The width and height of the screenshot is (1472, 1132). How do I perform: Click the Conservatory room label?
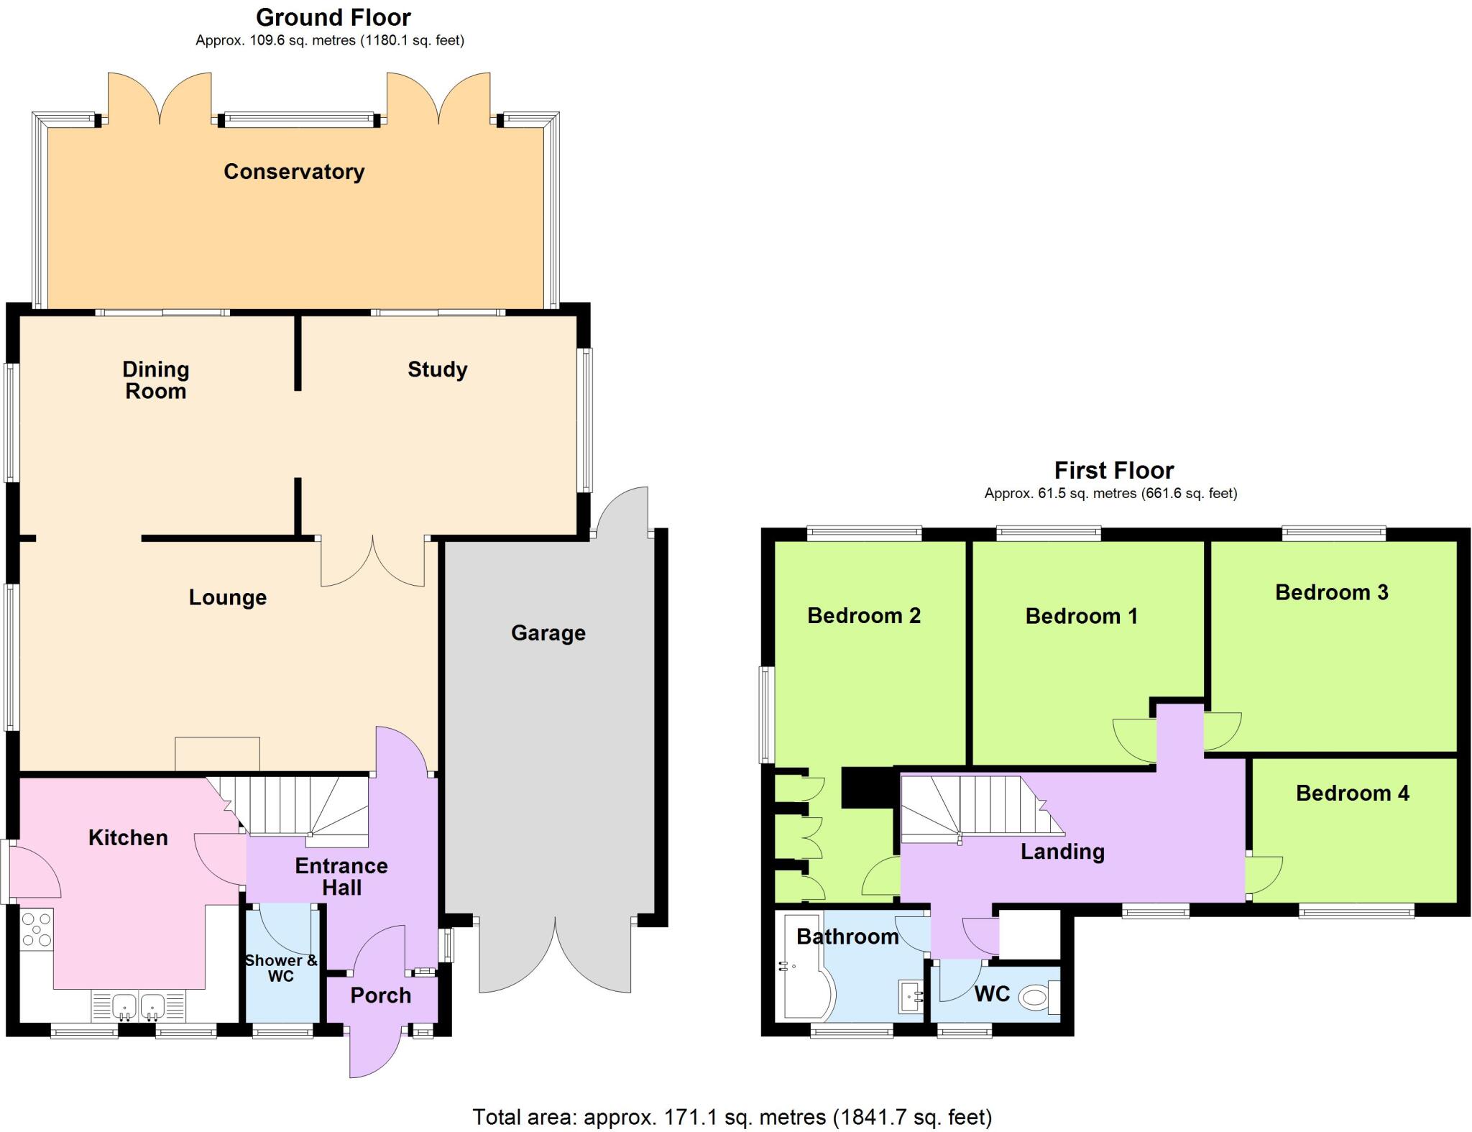tap(294, 172)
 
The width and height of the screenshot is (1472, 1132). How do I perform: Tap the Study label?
tap(437, 369)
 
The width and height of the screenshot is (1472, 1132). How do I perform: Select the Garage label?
tap(548, 633)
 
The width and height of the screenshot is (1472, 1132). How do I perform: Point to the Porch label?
tap(380, 995)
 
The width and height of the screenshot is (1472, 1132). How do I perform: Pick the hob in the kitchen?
tap(37, 929)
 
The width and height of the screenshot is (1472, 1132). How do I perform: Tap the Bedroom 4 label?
tap(1352, 793)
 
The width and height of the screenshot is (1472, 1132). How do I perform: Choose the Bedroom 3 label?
tap(1331, 593)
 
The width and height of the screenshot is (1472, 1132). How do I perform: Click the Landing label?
tap(1062, 852)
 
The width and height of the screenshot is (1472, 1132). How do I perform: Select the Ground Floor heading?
tap(333, 17)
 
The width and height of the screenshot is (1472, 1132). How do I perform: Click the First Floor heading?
tap(1113, 471)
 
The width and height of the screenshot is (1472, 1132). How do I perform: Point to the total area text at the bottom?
tap(732, 1117)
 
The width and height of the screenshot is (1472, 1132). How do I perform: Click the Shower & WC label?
tap(281, 968)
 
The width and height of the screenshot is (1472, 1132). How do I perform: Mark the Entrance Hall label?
tap(341, 877)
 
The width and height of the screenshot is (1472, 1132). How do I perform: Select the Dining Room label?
tap(155, 380)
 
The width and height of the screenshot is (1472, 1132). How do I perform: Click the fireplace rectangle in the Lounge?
tap(217, 754)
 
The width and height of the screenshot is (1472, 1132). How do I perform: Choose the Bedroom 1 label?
tap(1081, 617)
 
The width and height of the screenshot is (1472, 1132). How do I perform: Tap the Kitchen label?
tap(128, 838)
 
